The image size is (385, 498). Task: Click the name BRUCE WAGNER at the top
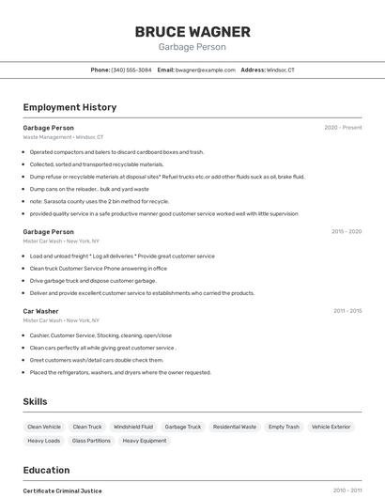tap(192, 31)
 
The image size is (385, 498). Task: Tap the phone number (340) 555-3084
tap(131, 70)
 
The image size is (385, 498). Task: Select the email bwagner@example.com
tap(206, 70)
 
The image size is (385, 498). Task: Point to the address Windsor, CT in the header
tap(280, 70)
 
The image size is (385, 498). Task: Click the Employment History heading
tap(69, 107)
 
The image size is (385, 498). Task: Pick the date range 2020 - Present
tap(343, 127)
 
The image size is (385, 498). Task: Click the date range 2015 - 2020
tap(346, 231)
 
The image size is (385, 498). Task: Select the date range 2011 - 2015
tap(346, 311)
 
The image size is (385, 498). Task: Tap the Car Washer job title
tap(40, 311)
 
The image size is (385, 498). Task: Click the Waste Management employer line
tap(63, 137)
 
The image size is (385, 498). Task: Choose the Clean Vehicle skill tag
tap(44, 427)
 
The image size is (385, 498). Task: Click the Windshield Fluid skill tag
tap(133, 427)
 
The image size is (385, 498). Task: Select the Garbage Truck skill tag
tap(182, 427)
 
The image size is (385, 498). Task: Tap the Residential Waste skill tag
tap(235, 427)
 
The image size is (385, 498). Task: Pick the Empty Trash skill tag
tap(284, 427)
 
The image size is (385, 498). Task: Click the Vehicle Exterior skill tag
tap(331, 427)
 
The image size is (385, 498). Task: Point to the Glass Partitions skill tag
tap(92, 440)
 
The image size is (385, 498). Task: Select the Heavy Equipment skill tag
tap(144, 440)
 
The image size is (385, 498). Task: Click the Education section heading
tap(46, 470)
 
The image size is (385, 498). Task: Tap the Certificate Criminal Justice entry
tap(62, 490)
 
